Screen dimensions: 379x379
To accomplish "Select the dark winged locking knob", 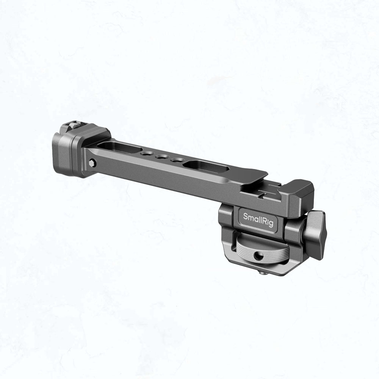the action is pos(314,233).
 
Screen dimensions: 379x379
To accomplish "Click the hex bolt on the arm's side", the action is pos(92,163).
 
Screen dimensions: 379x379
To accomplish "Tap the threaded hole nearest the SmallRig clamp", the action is pos(177,160).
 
